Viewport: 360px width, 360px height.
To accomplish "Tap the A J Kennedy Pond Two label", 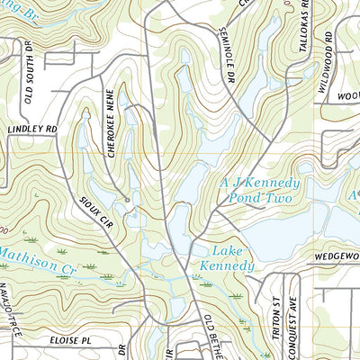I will pos(260,189).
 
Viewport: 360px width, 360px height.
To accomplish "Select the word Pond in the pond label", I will pos(248,197).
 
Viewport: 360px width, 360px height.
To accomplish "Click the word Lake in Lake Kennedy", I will pos(225,250).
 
